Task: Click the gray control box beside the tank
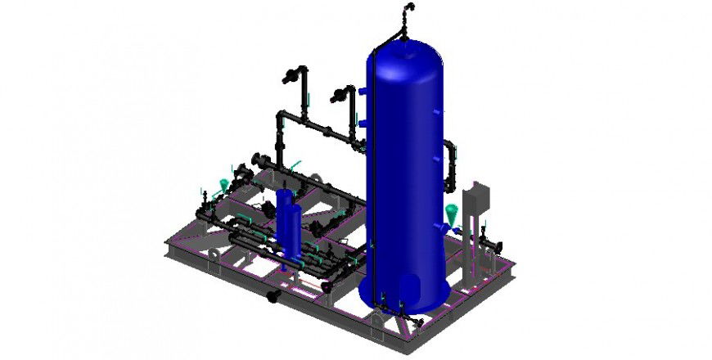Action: (475, 200)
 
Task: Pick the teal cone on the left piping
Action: (228, 185)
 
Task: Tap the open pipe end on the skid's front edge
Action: (273, 294)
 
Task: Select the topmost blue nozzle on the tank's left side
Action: (361, 90)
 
